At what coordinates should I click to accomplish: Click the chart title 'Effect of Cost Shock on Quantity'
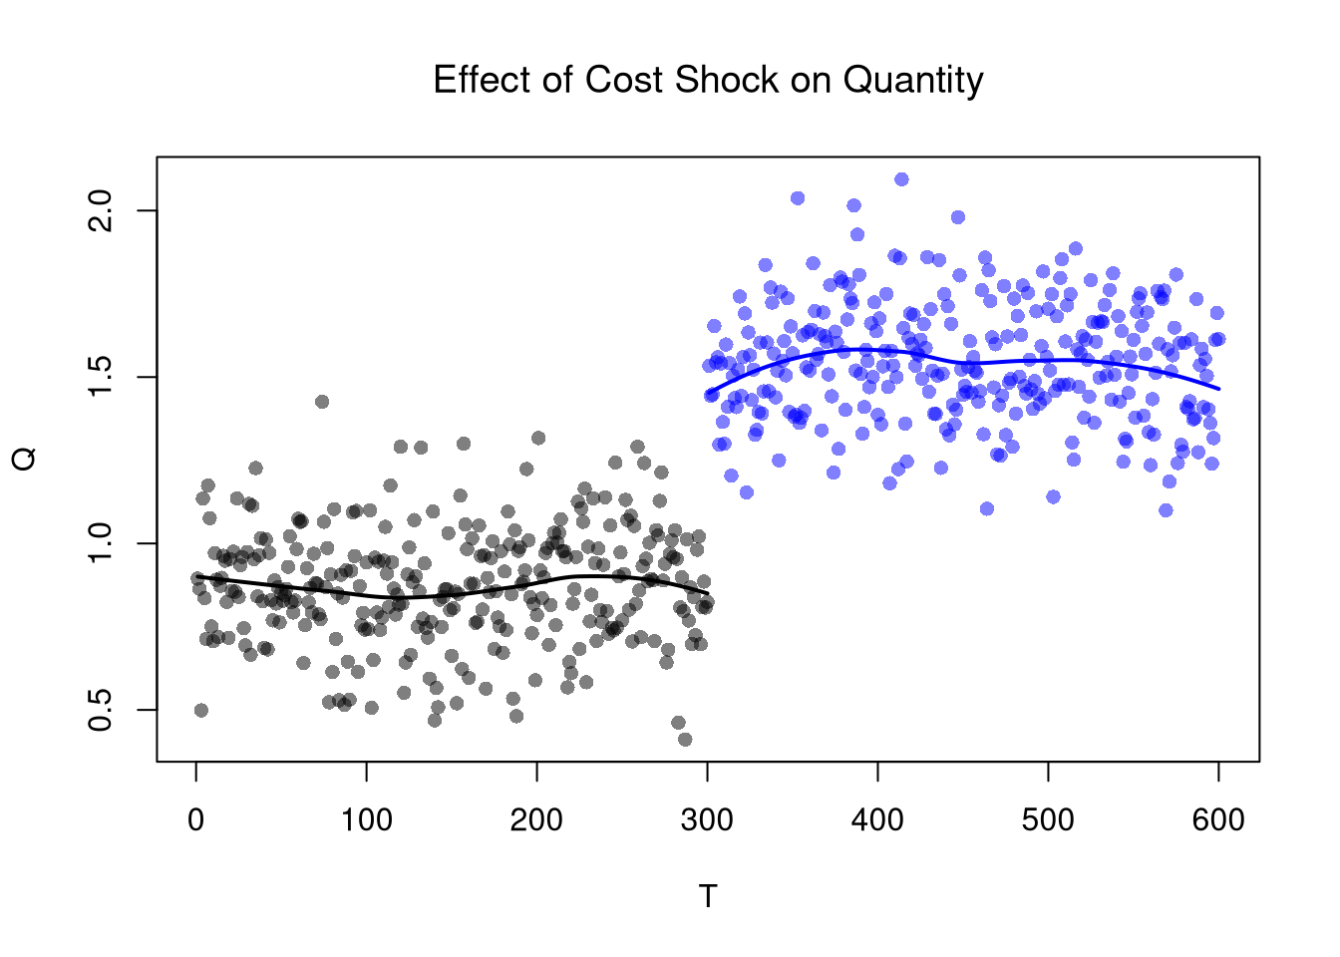(x=708, y=80)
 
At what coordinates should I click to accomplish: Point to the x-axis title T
(x=708, y=897)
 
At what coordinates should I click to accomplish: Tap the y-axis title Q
(x=25, y=459)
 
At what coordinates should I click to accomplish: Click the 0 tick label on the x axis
(x=196, y=820)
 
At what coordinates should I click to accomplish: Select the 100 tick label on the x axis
(x=367, y=820)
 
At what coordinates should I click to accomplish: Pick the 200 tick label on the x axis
(x=537, y=820)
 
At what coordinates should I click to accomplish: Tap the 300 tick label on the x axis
(x=708, y=820)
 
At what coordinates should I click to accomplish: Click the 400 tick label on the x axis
(x=878, y=820)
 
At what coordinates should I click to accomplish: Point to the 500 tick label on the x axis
(x=1049, y=820)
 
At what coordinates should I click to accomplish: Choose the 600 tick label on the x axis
(x=1218, y=820)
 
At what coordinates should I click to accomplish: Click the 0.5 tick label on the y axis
(x=101, y=710)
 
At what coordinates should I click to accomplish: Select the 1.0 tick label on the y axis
(x=101, y=543)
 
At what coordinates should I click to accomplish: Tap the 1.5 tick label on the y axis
(x=101, y=377)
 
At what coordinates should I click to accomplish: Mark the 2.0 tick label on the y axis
(x=101, y=210)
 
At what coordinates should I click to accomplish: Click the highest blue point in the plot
(x=901, y=179)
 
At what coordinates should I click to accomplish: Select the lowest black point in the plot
(x=685, y=739)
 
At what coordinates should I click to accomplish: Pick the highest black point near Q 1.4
(x=322, y=402)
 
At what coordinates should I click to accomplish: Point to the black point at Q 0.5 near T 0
(x=201, y=710)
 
